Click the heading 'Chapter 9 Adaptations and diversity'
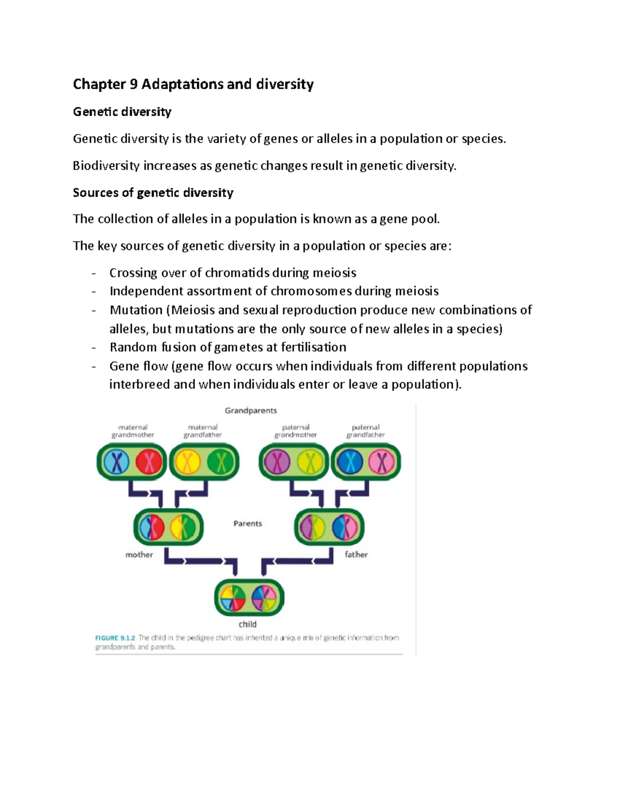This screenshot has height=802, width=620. [x=193, y=84]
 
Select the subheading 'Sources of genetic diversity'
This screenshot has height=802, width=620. [x=153, y=193]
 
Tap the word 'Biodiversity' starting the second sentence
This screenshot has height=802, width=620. [x=106, y=166]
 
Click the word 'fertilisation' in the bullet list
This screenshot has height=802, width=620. [x=313, y=347]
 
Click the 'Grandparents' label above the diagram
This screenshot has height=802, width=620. [x=251, y=411]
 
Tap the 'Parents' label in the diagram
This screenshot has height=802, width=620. [x=247, y=524]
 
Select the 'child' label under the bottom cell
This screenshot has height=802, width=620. [x=247, y=624]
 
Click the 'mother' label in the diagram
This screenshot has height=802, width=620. [x=139, y=555]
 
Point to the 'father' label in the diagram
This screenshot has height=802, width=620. [x=356, y=555]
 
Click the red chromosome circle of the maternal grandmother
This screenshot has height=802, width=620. [x=149, y=462]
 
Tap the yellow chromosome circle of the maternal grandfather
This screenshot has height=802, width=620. [x=188, y=462]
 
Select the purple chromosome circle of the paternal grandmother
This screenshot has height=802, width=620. [x=277, y=462]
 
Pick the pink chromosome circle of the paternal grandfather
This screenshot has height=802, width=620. [x=382, y=462]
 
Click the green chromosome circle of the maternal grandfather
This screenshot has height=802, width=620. [x=221, y=462]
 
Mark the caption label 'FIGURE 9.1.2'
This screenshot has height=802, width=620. [x=115, y=638]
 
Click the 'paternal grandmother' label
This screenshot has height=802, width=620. [x=296, y=431]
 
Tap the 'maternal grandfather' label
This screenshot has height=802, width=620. [x=203, y=431]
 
